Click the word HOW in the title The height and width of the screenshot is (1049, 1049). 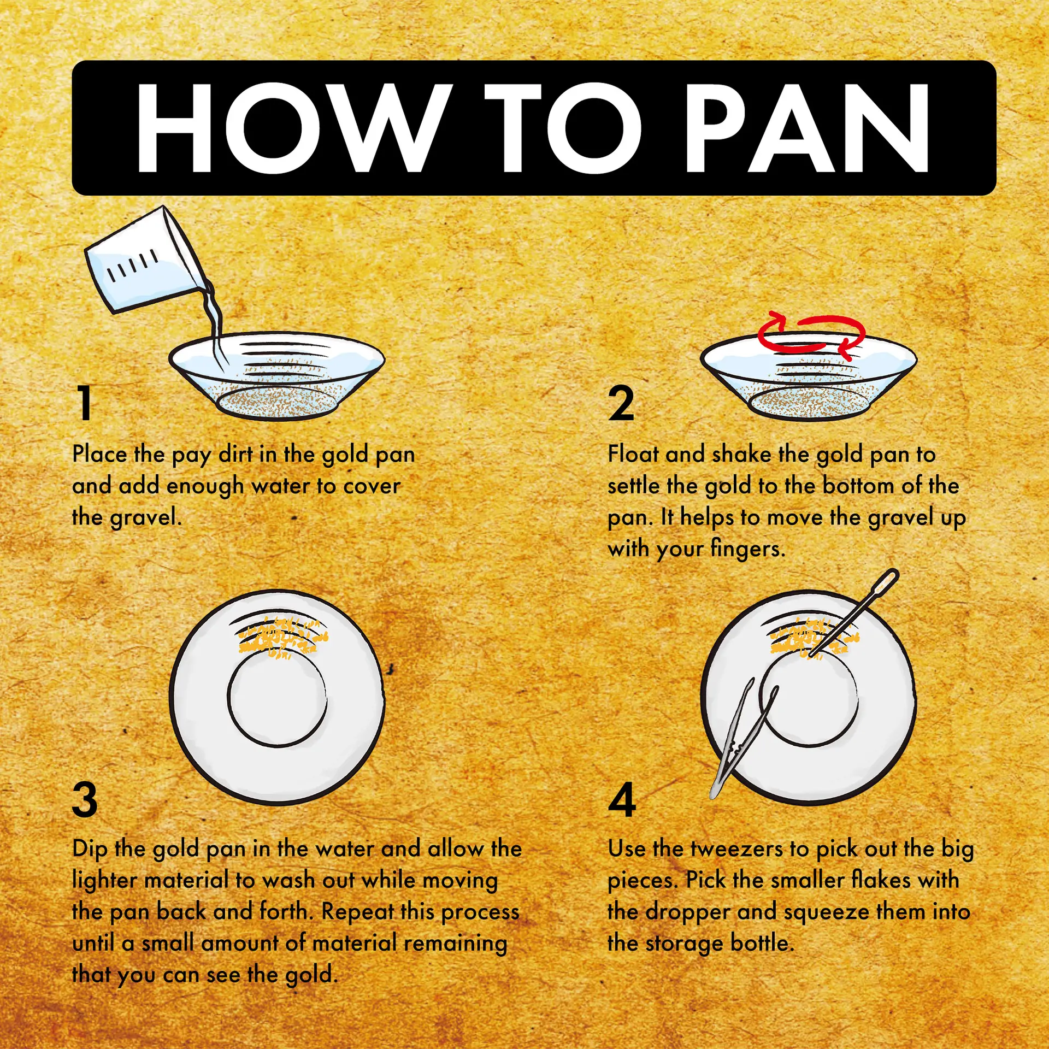coord(295,129)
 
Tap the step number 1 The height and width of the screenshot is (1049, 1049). coord(85,403)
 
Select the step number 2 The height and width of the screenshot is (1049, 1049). coord(621,403)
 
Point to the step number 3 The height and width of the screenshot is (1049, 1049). coord(85,799)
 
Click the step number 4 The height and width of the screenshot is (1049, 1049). coord(622,799)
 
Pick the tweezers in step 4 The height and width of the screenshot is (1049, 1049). coord(743,740)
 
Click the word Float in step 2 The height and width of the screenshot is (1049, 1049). coord(634,454)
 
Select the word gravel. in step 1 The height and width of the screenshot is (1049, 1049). coord(146,517)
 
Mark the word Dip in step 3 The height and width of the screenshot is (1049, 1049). coord(90,849)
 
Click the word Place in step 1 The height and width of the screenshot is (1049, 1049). coord(99,454)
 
